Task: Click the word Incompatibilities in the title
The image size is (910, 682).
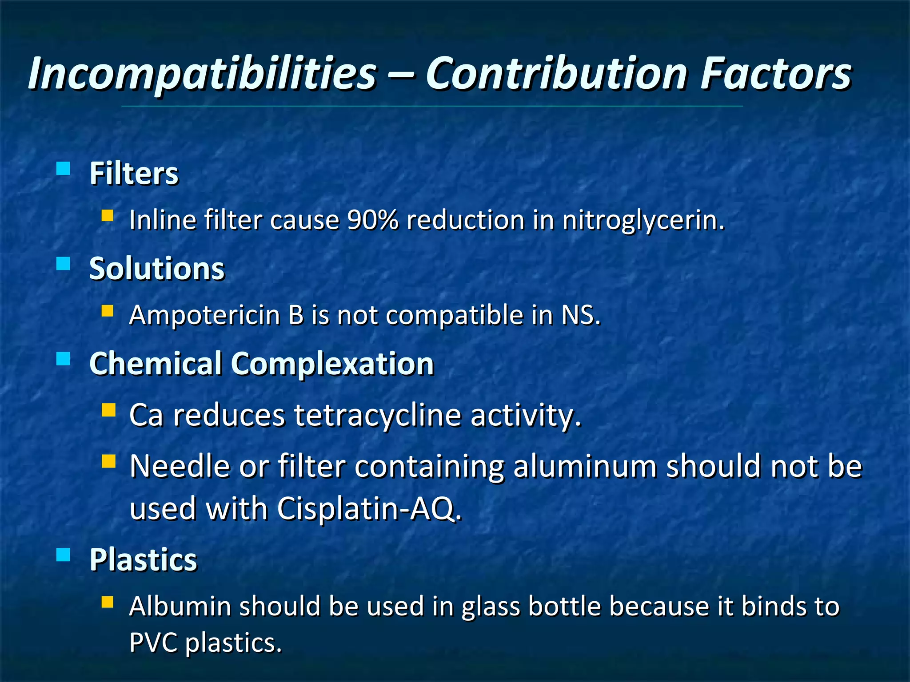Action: tap(202, 74)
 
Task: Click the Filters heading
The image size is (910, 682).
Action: tap(134, 174)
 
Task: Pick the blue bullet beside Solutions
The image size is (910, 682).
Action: tap(64, 264)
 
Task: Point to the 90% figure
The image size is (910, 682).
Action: tap(373, 220)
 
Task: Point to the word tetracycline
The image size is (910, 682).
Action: tap(378, 416)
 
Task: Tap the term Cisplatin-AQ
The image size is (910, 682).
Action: tap(369, 508)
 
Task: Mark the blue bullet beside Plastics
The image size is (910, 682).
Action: tap(64, 555)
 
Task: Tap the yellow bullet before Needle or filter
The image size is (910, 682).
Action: tap(108, 461)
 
